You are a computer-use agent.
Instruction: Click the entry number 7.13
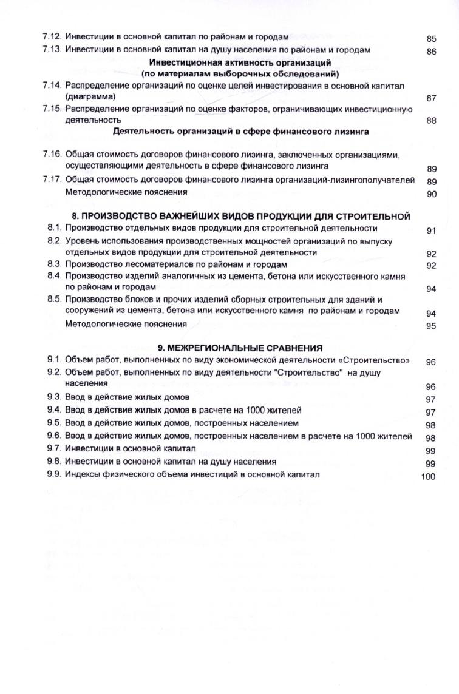[53, 50]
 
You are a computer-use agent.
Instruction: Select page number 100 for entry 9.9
[428, 477]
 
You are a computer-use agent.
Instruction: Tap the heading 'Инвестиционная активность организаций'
[240, 62]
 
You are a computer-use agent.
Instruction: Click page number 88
[431, 121]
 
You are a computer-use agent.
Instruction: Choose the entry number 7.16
[53, 154]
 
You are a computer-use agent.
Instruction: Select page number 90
[431, 194]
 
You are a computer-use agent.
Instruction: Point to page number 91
[431, 231]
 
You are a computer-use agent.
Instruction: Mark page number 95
[431, 326]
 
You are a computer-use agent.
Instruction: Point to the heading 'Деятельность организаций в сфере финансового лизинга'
[241, 131]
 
